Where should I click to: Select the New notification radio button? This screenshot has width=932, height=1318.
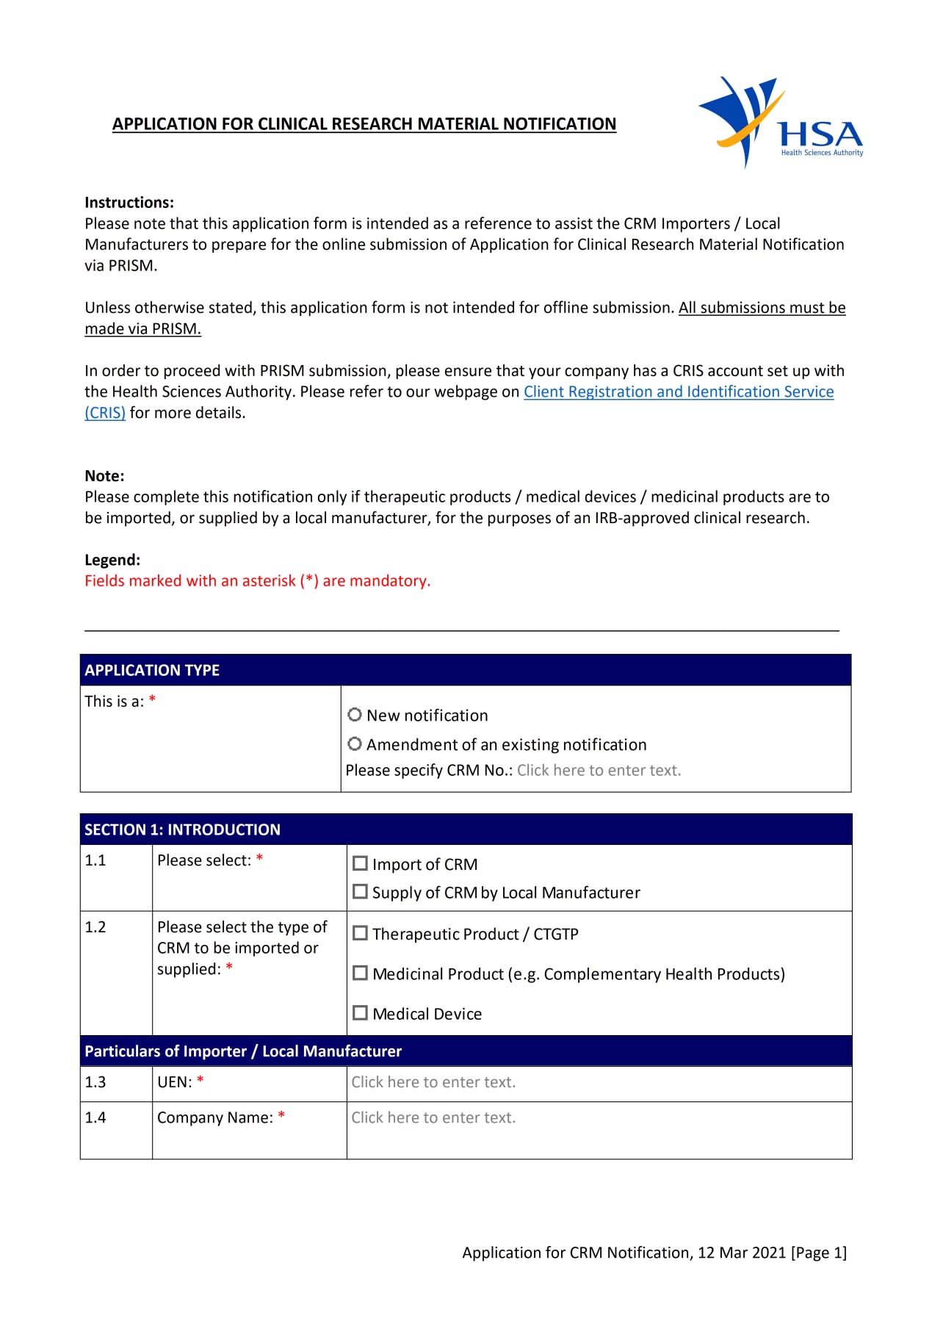[x=355, y=715]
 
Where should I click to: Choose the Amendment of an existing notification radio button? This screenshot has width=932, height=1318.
[x=355, y=744]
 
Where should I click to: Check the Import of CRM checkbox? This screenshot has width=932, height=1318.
[x=360, y=864]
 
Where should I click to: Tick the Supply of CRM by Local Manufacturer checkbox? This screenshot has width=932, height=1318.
[x=360, y=892]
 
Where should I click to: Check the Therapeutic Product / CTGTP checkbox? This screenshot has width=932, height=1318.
[x=360, y=934]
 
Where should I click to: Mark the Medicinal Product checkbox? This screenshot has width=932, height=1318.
[x=360, y=973]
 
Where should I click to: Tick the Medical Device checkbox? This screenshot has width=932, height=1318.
[x=360, y=1013]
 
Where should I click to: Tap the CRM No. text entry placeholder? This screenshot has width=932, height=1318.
[x=599, y=771]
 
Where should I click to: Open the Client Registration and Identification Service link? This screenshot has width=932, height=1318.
[x=678, y=392]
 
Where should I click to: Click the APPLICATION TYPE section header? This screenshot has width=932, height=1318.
[x=152, y=670]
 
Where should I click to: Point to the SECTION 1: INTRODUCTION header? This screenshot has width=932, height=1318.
[x=182, y=829]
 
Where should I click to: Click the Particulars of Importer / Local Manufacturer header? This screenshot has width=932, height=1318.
[x=243, y=1051]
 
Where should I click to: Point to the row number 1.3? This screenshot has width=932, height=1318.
[x=95, y=1082]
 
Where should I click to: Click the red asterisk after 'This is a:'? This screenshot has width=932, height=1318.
[x=152, y=699]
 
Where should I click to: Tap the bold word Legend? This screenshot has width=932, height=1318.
[x=112, y=560]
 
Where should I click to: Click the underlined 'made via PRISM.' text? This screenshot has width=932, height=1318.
[x=142, y=329]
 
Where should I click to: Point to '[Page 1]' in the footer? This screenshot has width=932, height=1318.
[x=818, y=1253]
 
